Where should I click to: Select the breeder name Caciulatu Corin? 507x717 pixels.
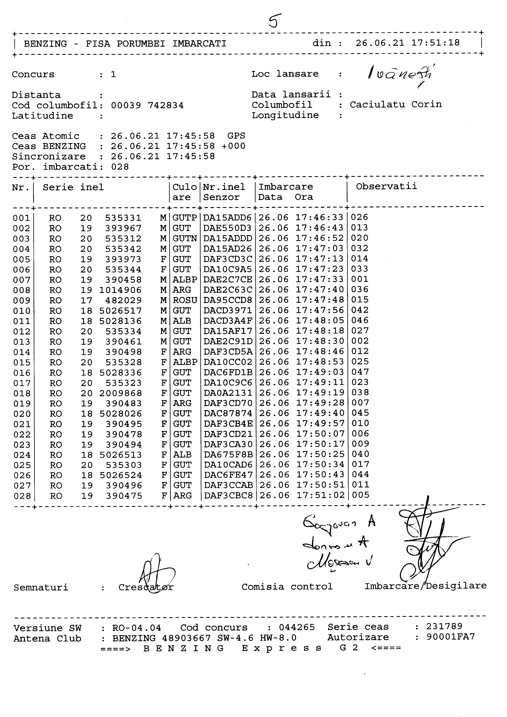pyautogui.click(x=396, y=105)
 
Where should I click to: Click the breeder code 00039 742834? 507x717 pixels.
pyautogui.click(x=147, y=105)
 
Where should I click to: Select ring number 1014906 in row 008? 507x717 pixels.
pyautogui.click(x=120, y=290)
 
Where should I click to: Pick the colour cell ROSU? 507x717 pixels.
pyautogui.click(x=185, y=300)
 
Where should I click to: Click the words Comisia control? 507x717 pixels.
pyautogui.click(x=287, y=587)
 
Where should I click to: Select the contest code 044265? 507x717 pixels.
pyautogui.click(x=297, y=627)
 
